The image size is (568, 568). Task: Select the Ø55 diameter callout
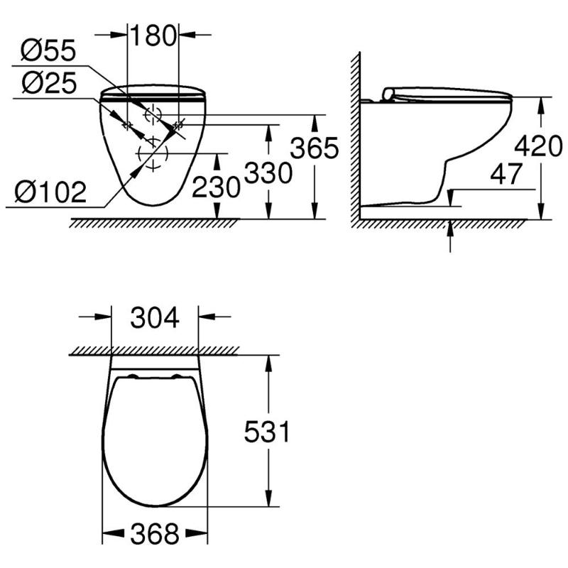click(47, 51)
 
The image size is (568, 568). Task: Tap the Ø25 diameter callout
click(47, 84)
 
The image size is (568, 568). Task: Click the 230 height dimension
click(216, 187)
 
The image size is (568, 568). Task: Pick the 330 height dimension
click(268, 173)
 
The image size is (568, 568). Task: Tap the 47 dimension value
click(506, 174)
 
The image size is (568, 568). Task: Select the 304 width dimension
click(155, 317)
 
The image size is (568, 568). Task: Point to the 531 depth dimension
click(267, 432)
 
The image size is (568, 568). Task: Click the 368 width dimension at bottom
click(155, 534)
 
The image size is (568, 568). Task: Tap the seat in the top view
click(155, 440)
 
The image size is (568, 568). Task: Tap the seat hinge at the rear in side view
click(388, 94)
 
